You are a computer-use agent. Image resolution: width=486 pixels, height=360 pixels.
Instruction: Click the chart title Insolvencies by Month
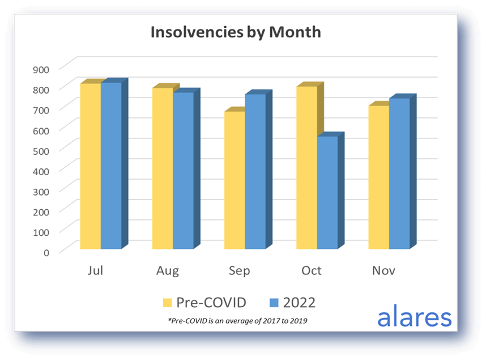coord(235,32)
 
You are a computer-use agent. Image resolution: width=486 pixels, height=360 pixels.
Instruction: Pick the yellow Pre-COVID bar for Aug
coord(163,168)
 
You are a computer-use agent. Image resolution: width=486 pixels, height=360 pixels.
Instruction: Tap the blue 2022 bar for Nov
coord(399,173)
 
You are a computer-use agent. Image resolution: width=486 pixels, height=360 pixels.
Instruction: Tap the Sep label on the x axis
coord(239,271)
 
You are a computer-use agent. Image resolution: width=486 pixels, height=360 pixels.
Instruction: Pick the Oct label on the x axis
coord(311,271)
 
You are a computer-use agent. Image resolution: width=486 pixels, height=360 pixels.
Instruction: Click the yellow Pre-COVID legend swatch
coord(168,303)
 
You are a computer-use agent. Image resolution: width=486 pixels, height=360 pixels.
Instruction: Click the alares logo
coord(415,317)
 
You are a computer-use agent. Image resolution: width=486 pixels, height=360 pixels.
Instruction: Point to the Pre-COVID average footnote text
coord(238,321)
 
